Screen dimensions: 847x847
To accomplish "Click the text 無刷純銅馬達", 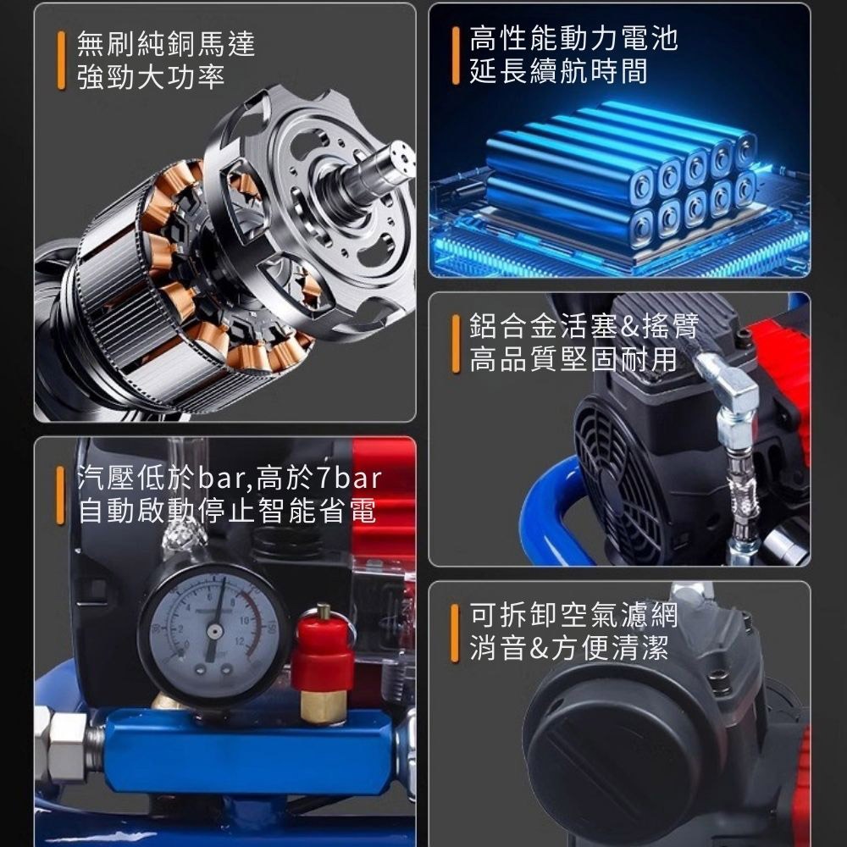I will tap(165, 43).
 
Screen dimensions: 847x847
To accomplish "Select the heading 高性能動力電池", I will tap(573, 38).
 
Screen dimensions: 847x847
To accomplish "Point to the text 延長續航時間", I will tap(558, 71).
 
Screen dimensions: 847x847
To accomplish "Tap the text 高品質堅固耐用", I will tap(573, 359).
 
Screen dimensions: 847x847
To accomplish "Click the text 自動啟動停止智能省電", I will tap(227, 512).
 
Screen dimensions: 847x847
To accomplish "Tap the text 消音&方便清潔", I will tap(558, 650).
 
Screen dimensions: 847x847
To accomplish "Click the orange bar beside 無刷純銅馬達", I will tap(61, 60).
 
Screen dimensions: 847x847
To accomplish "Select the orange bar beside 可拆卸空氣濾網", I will tap(455, 633).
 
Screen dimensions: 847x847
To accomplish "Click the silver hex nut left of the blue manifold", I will tap(64, 739).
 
